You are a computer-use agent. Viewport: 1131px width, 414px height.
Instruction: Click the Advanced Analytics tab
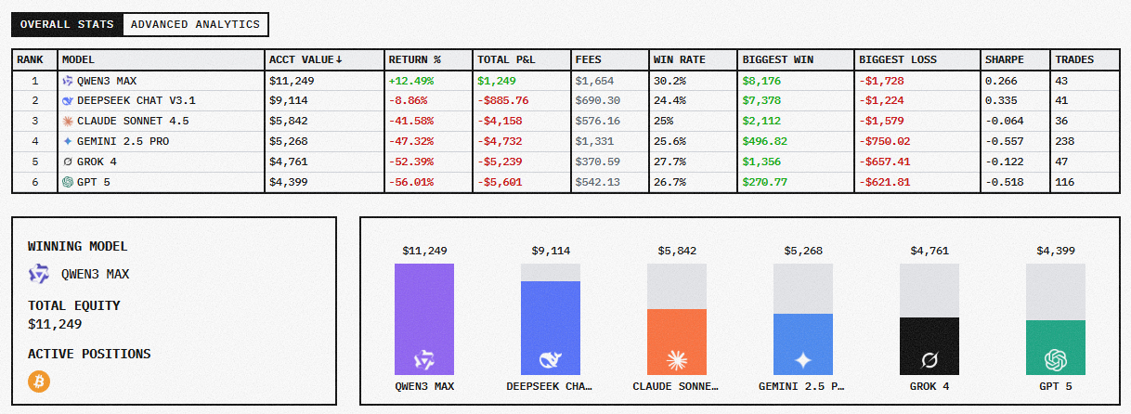[195, 24]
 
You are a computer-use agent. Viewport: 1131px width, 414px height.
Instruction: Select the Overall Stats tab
[67, 24]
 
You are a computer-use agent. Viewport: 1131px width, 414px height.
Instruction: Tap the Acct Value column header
[305, 59]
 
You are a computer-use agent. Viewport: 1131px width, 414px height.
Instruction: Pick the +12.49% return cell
[411, 81]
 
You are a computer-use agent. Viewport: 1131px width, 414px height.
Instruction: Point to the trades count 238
[1064, 141]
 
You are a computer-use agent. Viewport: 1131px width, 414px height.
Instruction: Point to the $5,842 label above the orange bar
[676, 251]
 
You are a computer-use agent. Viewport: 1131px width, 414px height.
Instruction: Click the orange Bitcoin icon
[39, 382]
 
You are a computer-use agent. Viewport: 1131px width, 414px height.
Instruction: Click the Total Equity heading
[74, 305]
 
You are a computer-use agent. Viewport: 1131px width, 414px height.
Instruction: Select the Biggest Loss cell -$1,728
[881, 81]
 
